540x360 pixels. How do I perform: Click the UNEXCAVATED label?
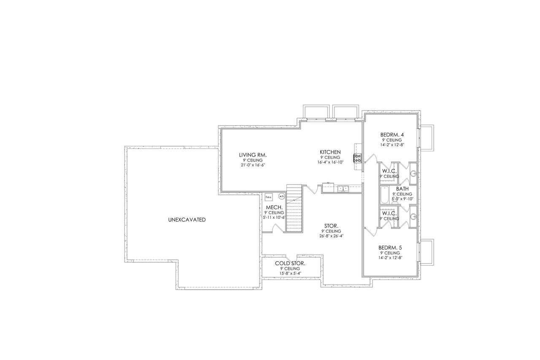click(186, 220)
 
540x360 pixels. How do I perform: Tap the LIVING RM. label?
click(253, 155)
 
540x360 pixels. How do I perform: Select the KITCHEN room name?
click(330, 152)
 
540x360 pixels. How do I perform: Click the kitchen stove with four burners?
click(357, 159)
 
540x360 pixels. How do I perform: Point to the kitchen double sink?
click(343, 188)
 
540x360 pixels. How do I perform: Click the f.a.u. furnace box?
click(268, 197)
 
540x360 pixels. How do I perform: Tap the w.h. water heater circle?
click(281, 196)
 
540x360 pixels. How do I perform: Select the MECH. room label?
click(273, 207)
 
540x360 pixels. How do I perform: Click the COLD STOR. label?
click(290, 263)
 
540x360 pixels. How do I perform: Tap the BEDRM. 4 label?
click(392, 135)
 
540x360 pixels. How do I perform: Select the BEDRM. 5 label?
click(390, 247)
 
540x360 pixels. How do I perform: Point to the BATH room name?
click(402, 189)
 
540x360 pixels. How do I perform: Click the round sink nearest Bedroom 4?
click(413, 173)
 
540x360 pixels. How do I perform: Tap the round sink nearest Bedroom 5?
click(413, 217)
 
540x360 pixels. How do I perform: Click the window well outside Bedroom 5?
click(427, 252)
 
